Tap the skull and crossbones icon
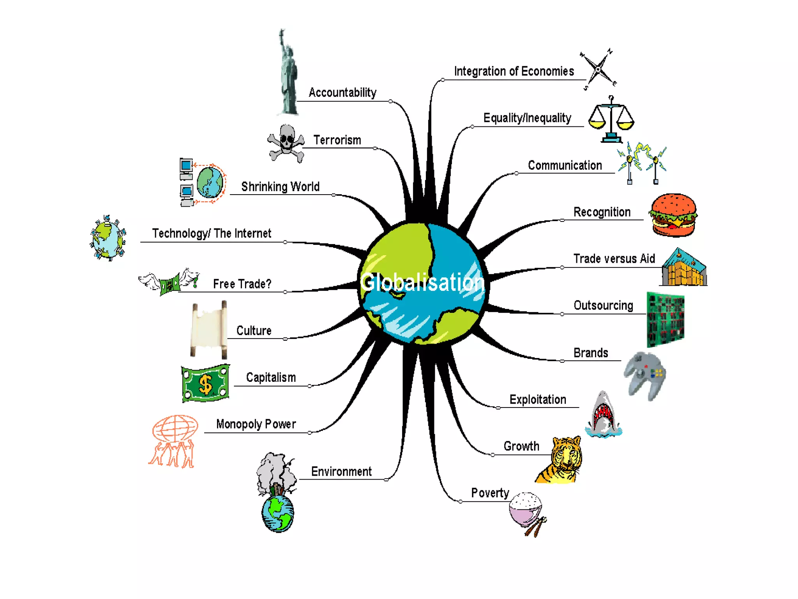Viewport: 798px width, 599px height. [286, 143]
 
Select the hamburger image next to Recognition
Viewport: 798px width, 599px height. [673, 215]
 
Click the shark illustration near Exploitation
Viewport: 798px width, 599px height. [603, 415]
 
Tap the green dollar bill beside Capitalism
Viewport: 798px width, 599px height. [205, 383]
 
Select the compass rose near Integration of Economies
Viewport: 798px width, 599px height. [598, 69]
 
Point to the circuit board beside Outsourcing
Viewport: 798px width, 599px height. [666, 319]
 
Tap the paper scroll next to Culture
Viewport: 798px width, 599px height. [209, 330]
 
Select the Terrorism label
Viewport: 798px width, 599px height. [337, 140]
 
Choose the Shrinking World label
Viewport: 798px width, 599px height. [280, 187]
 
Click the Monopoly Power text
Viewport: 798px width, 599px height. [256, 424]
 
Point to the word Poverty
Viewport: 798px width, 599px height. [490, 493]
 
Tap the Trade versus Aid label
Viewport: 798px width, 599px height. [614, 259]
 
